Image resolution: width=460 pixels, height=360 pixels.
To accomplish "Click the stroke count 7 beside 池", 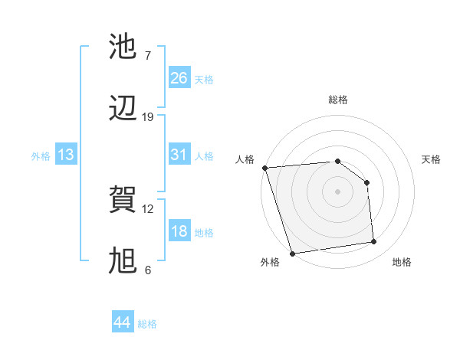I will pyautogui.click(x=147, y=56).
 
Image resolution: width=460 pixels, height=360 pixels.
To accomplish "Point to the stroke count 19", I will pyautogui.click(x=148, y=117).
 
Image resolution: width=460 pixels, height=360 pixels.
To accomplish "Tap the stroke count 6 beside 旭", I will pyautogui.click(x=147, y=270).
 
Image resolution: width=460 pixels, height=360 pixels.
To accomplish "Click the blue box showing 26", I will pyautogui.click(x=179, y=78).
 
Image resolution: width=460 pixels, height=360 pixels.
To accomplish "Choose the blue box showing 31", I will pyautogui.click(x=179, y=155).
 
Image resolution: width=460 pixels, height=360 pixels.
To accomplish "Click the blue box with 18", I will pyautogui.click(x=179, y=231).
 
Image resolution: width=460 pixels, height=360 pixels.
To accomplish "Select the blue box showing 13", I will pyautogui.click(x=66, y=155).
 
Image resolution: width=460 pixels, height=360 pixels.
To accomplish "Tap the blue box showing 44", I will pyautogui.click(x=123, y=322).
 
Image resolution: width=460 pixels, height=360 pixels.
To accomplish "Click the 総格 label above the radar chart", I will pyautogui.click(x=338, y=100).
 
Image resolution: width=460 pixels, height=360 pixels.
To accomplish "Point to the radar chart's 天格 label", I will pyautogui.click(x=432, y=159).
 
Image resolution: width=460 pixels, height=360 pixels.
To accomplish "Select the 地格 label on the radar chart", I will pyautogui.click(x=402, y=262).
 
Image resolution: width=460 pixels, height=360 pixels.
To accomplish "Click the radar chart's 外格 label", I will pyautogui.click(x=270, y=262).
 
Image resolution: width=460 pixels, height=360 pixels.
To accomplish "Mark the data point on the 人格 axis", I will pyautogui.click(x=264, y=168).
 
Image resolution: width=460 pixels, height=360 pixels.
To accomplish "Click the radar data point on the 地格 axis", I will pyautogui.click(x=374, y=242).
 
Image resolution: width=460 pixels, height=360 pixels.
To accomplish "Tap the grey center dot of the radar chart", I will pyautogui.click(x=337, y=191).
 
